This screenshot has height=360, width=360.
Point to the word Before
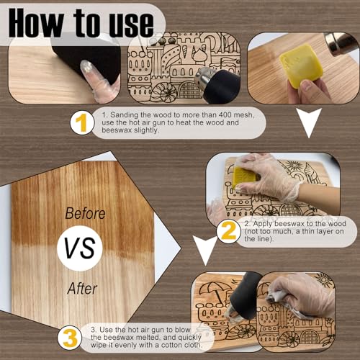coord(85,214)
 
